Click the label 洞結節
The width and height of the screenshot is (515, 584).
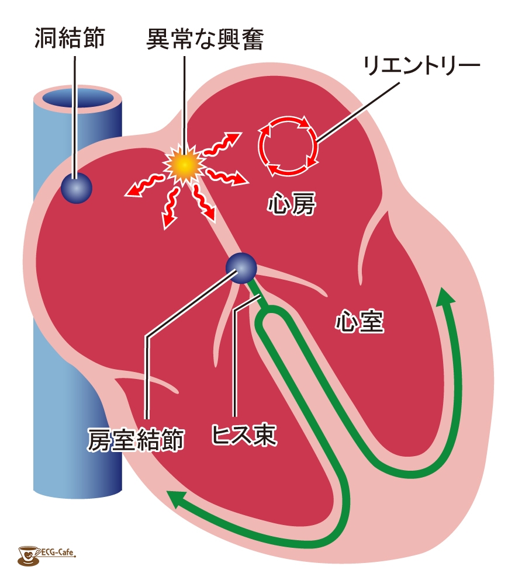(x=70, y=37)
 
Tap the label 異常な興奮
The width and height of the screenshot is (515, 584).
(x=205, y=39)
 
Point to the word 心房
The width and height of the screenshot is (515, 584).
(x=292, y=203)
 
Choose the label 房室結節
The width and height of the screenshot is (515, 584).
(x=136, y=440)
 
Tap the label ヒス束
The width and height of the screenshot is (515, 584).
(x=244, y=434)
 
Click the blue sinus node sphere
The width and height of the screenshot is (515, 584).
(x=76, y=188)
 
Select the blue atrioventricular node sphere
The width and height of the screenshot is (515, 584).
(x=241, y=268)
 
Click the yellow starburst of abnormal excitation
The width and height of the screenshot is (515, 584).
(x=185, y=164)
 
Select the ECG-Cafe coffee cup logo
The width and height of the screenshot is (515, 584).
(x=28, y=555)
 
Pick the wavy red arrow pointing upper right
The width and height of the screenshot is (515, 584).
(x=221, y=144)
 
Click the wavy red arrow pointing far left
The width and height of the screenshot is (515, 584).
(x=145, y=185)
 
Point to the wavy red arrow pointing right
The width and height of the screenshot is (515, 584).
(x=227, y=177)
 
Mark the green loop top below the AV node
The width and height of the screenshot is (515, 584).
(x=274, y=309)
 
